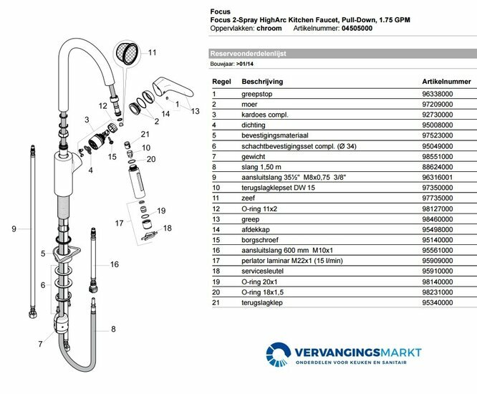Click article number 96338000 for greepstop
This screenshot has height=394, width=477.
click(438, 94)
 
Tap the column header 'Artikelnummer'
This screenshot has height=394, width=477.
click(446, 82)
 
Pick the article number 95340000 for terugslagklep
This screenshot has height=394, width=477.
click(438, 302)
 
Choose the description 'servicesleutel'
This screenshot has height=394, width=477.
click(263, 271)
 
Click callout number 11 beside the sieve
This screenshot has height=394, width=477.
click(151, 52)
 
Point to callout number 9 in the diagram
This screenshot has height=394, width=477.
click(14, 229)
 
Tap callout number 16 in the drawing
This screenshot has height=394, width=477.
click(115, 265)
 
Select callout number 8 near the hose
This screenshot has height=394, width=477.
click(112, 330)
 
